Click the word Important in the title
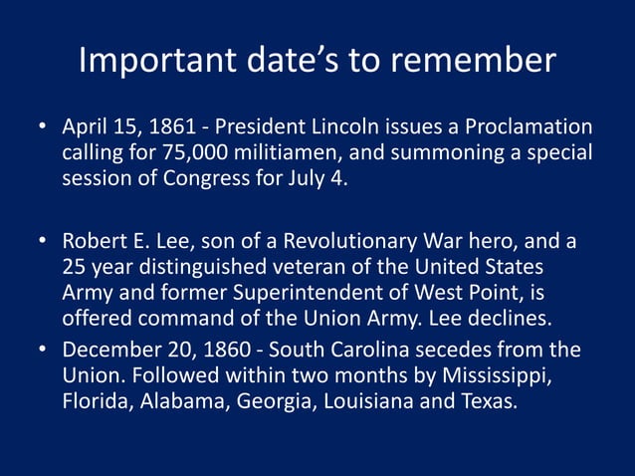tap(152, 61)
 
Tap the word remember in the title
tap(476, 61)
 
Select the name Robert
tap(93, 243)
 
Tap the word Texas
tap(490, 403)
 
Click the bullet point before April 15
tap(43, 129)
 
